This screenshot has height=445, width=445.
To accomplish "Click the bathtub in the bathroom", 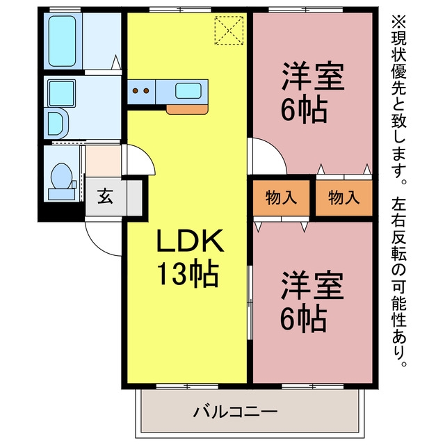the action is click(x=62, y=41).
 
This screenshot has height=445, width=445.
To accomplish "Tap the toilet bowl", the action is click(x=61, y=176).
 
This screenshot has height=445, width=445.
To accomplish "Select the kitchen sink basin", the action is click(x=188, y=91).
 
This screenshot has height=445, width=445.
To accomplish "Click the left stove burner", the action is click(x=136, y=91).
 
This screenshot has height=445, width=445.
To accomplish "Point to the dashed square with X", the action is click(x=229, y=31).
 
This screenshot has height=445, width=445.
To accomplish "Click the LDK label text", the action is click(x=190, y=241).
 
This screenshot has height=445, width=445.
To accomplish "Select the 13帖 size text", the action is click(x=188, y=273).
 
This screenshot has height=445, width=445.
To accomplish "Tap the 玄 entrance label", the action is click(x=105, y=196).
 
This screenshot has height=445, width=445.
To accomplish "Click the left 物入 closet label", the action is click(x=281, y=197).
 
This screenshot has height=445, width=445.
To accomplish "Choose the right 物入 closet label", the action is click(x=344, y=197).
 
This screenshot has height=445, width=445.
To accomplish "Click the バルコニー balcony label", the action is click(x=235, y=412).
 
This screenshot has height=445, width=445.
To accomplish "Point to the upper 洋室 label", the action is click(x=313, y=76).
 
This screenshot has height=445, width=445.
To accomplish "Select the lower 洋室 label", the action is click(x=313, y=285).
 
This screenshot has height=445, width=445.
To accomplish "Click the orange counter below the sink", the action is click(x=187, y=110).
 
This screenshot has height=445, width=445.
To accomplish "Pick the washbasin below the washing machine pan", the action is click(x=57, y=124).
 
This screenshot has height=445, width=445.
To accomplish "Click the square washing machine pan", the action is click(x=62, y=93).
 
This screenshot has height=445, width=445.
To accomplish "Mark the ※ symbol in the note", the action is click(x=398, y=22).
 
